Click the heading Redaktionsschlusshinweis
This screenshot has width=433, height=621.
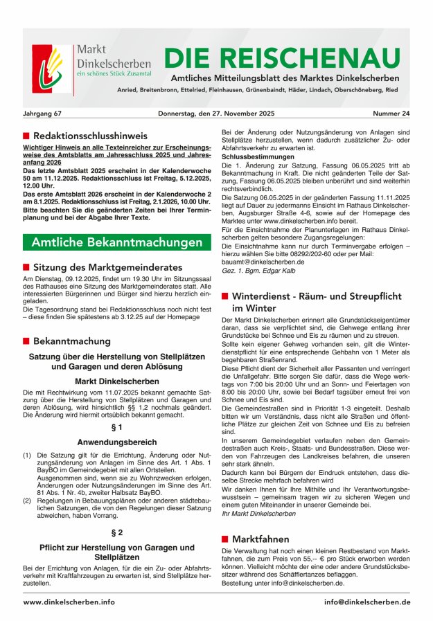click(x=90, y=136)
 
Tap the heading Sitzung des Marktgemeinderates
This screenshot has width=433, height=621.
click(x=107, y=267)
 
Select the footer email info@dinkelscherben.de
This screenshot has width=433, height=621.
click(x=366, y=602)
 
